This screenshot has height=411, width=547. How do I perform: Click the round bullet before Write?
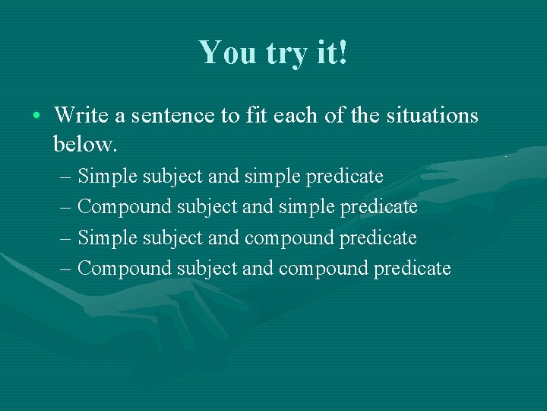tap(36, 116)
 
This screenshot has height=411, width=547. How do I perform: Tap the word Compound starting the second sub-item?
tap(125, 207)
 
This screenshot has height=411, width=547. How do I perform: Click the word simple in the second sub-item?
tap(305, 207)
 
